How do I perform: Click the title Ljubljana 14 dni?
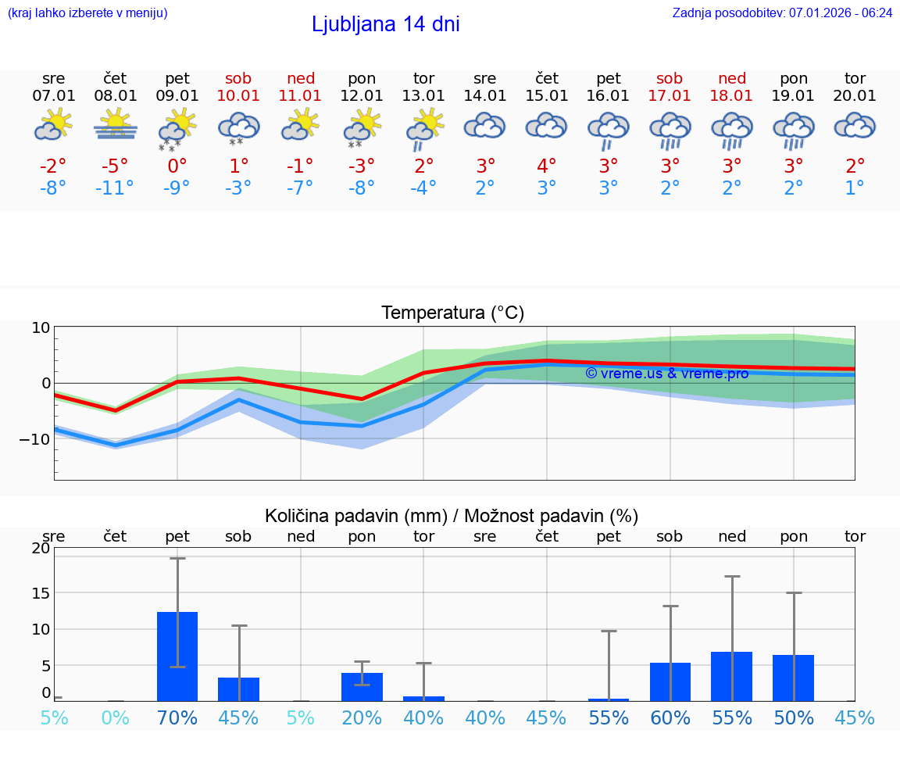pos(385,24)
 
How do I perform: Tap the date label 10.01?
pos(238,95)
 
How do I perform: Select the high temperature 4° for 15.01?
pos(546,166)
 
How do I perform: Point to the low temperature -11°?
pos(115,188)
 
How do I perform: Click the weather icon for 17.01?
pos(670,129)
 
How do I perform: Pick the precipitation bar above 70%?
pos(177,656)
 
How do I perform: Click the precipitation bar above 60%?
pos(670,682)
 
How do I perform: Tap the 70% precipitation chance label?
pos(177,717)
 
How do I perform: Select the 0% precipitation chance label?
pos(115,717)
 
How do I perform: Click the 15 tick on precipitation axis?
pos(40,593)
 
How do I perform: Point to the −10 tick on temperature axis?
pos(35,439)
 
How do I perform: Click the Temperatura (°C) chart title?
pos(452,313)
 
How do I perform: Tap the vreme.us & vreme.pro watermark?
pos(666,374)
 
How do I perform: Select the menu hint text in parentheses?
pos(87,13)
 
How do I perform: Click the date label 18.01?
pos(731,95)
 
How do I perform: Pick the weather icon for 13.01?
pos(423,129)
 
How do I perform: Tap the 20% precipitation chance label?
pos(362,717)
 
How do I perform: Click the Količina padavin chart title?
pos(452,516)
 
